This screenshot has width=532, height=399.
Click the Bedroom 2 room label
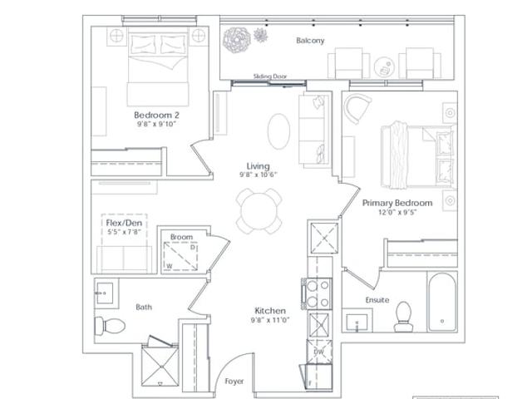click(x=156, y=115)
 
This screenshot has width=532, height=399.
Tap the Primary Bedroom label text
click(x=397, y=203)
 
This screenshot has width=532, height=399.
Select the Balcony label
click(x=310, y=41)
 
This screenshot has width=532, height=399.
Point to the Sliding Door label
click(x=270, y=76)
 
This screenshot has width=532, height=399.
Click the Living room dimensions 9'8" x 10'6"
click(x=259, y=175)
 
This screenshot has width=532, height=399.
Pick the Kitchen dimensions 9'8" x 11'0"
click(x=270, y=319)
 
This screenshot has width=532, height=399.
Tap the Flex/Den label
click(x=124, y=223)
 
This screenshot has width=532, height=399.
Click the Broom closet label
click(x=181, y=237)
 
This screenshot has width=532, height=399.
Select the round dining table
click(x=259, y=211)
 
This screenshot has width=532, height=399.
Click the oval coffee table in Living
click(x=279, y=131)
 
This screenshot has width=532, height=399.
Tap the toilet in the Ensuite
click(x=404, y=317)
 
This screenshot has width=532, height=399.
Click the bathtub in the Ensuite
click(x=442, y=302)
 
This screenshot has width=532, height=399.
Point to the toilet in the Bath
click(x=110, y=326)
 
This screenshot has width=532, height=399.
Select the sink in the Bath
click(x=105, y=293)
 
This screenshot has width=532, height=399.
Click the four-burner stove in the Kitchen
click(x=318, y=293)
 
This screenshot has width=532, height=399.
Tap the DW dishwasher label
click(x=319, y=352)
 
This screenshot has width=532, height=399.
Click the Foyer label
click(x=234, y=382)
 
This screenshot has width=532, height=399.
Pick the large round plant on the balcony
click(x=236, y=40)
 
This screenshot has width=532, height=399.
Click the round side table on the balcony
click(x=384, y=66)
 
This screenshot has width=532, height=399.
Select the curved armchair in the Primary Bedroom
click(x=357, y=108)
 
